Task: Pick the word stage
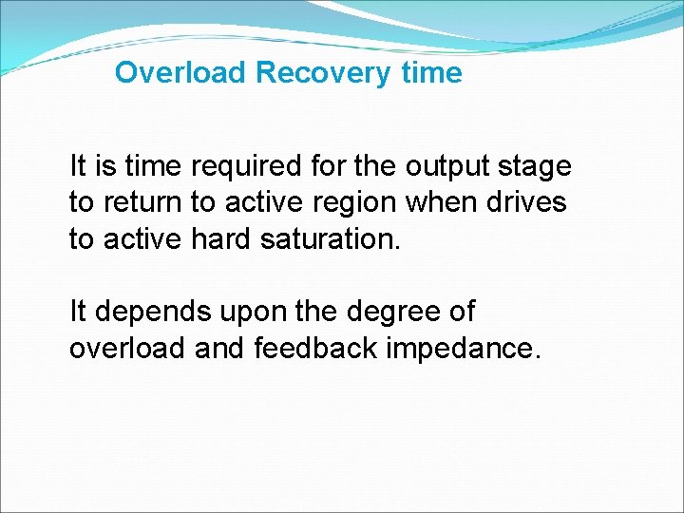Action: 537,168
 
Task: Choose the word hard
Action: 224,238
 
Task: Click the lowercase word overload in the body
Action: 127,349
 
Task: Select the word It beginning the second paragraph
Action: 79,312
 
